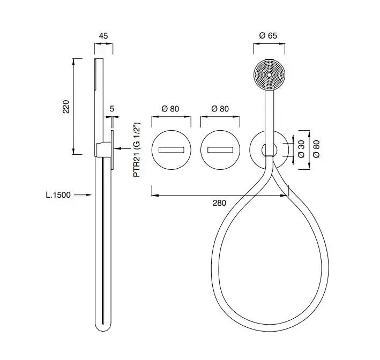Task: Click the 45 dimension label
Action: (103, 36)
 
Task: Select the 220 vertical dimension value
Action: (66, 107)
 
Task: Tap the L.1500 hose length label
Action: (58, 195)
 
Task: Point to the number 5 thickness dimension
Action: (111, 109)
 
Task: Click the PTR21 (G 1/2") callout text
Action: (137, 150)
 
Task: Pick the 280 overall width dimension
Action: (219, 203)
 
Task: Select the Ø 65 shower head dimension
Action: (268, 35)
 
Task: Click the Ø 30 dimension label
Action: (301, 149)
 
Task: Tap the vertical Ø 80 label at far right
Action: (316, 149)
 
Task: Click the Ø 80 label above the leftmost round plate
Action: (170, 109)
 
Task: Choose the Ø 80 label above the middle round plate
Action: (220, 109)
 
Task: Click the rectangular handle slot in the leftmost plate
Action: (171, 150)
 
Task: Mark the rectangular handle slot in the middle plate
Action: (220, 150)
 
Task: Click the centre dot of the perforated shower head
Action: (269, 75)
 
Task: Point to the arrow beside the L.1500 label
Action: (83, 195)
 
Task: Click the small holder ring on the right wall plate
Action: (269, 150)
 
